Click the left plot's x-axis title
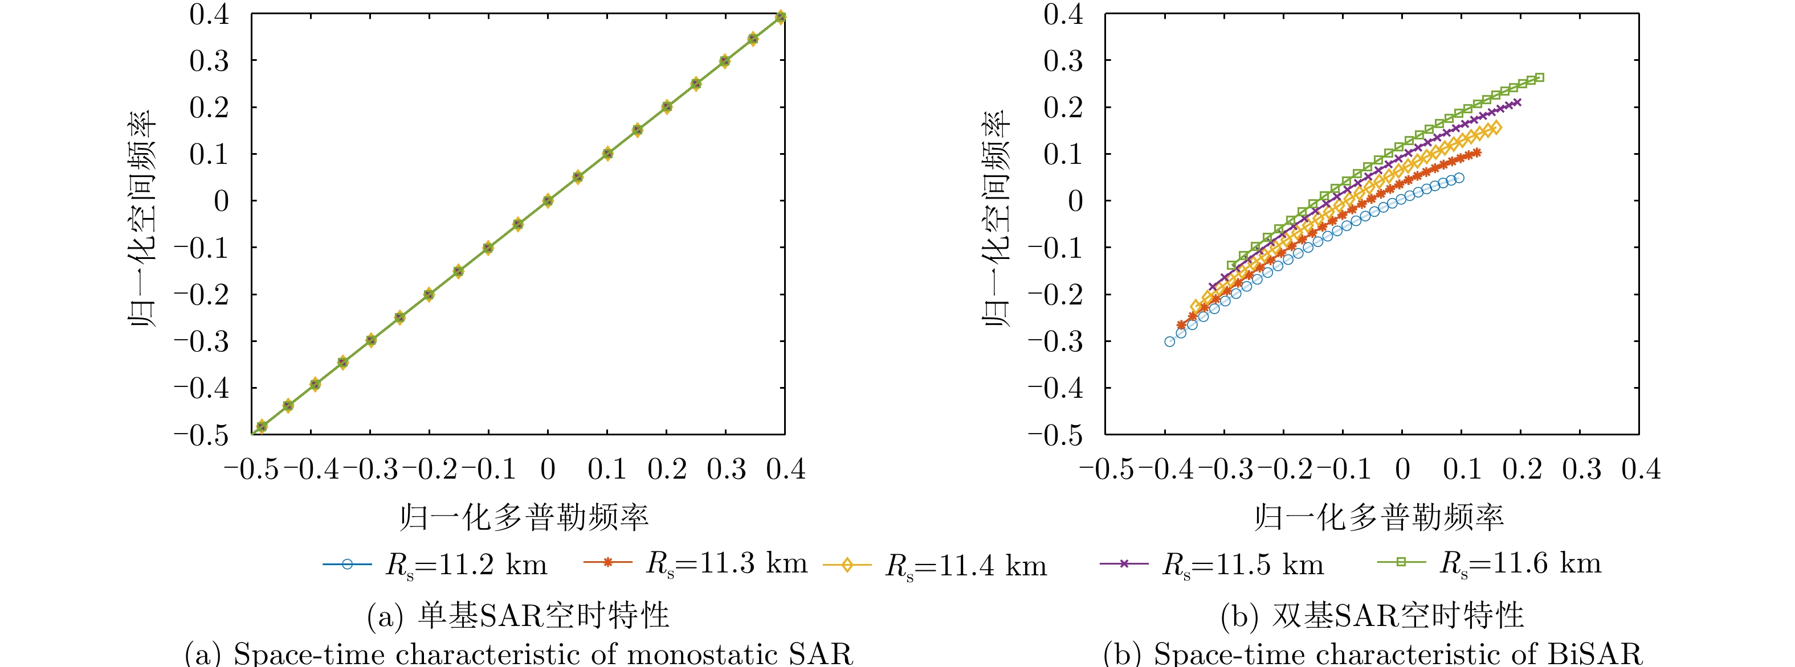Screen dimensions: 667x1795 [524, 517]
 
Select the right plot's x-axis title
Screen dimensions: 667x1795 [1378, 517]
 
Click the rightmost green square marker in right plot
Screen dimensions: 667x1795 [1539, 78]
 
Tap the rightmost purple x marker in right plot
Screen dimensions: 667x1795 [1517, 103]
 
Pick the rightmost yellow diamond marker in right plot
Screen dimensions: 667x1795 [1496, 127]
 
